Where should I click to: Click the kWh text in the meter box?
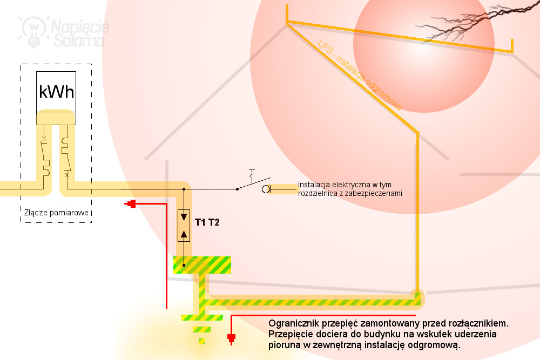[x=57, y=92]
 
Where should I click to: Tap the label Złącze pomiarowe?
[x=56, y=213]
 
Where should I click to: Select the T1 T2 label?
[x=207, y=222]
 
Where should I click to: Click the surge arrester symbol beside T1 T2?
[x=184, y=226]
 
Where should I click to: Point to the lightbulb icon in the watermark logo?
[x=33, y=30]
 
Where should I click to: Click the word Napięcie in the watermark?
[x=80, y=27]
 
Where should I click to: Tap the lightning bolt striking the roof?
[x=475, y=22]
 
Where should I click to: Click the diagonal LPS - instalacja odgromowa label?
[x=360, y=74]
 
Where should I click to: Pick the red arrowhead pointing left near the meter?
[x=130, y=203]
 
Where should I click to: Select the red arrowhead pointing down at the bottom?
[x=232, y=338]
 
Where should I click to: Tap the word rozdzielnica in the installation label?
[x=319, y=193]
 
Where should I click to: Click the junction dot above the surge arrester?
[x=184, y=189]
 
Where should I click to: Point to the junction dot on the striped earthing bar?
[x=184, y=265]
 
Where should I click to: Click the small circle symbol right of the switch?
[x=266, y=189]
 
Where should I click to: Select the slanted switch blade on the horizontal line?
[x=254, y=184]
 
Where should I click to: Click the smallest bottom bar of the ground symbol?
[x=202, y=342]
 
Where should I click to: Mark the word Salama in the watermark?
[x=78, y=40]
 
